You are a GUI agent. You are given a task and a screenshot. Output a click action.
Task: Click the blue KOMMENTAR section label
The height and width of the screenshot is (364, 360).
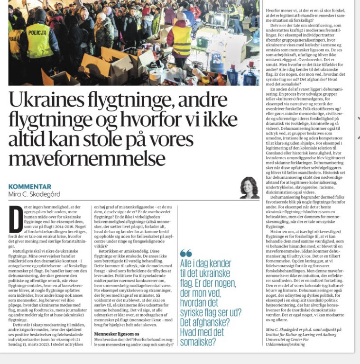point(30,187)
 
